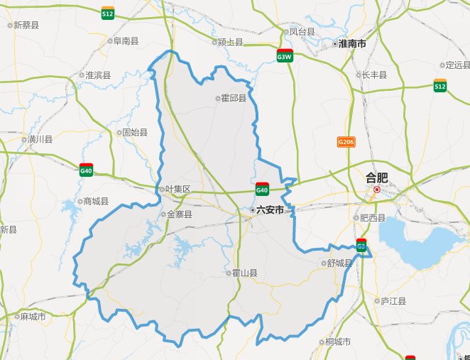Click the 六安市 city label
pyautogui.click(x=270, y=210)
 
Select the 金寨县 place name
pyautogui.click(x=177, y=214)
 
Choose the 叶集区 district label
pyautogui.click(x=177, y=190)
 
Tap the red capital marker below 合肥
pyautogui.click(x=377, y=190)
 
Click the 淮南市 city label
pyautogui.click(x=352, y=44)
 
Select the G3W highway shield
pyautogui.click(x=285, y=57)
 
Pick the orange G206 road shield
pyautogui.click(x=346, y=142)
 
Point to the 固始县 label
pyautogui.click(x=135, y=132)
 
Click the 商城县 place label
pyautogui.click(x=96, y=201)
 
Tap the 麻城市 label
pyautogui.click(x=33, y=317)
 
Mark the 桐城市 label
pyautogui.click(x=338, y=342)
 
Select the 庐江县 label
pyautogui.click(x=393, y=301)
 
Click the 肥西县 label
pyautogui.click(x=373, y=218)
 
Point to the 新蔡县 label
pyautogui.click(x=26, y=25)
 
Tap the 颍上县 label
pyautogui.click(x=231, y=43)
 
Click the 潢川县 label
pyautogui.click(x=40, y=139)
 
